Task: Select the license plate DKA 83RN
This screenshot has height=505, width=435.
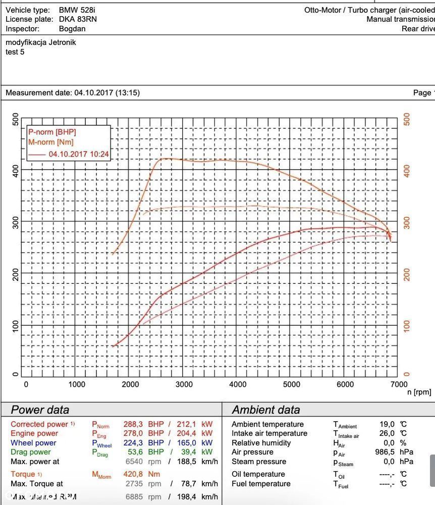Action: pos(78,19)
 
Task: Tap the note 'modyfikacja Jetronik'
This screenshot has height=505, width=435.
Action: pos(41,42)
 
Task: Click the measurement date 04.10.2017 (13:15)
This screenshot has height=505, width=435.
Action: pos(107,93)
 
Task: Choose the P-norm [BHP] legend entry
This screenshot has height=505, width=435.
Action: pos(52,132)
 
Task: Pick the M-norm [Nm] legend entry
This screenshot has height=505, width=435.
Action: pos(51,142)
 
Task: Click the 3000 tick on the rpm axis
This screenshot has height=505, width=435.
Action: pos(184,384)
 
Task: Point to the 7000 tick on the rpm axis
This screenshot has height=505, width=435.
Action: pos(399,384)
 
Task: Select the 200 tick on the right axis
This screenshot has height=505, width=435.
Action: pos(407,275)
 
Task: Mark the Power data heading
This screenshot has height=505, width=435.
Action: pos(40,410)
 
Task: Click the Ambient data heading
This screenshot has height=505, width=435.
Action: pos(265,410)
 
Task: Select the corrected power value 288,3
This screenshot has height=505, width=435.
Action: pos(133,424)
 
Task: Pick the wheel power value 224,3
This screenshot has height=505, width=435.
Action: pos(133,443)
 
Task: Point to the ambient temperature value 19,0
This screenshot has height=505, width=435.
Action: pos(387,424)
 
